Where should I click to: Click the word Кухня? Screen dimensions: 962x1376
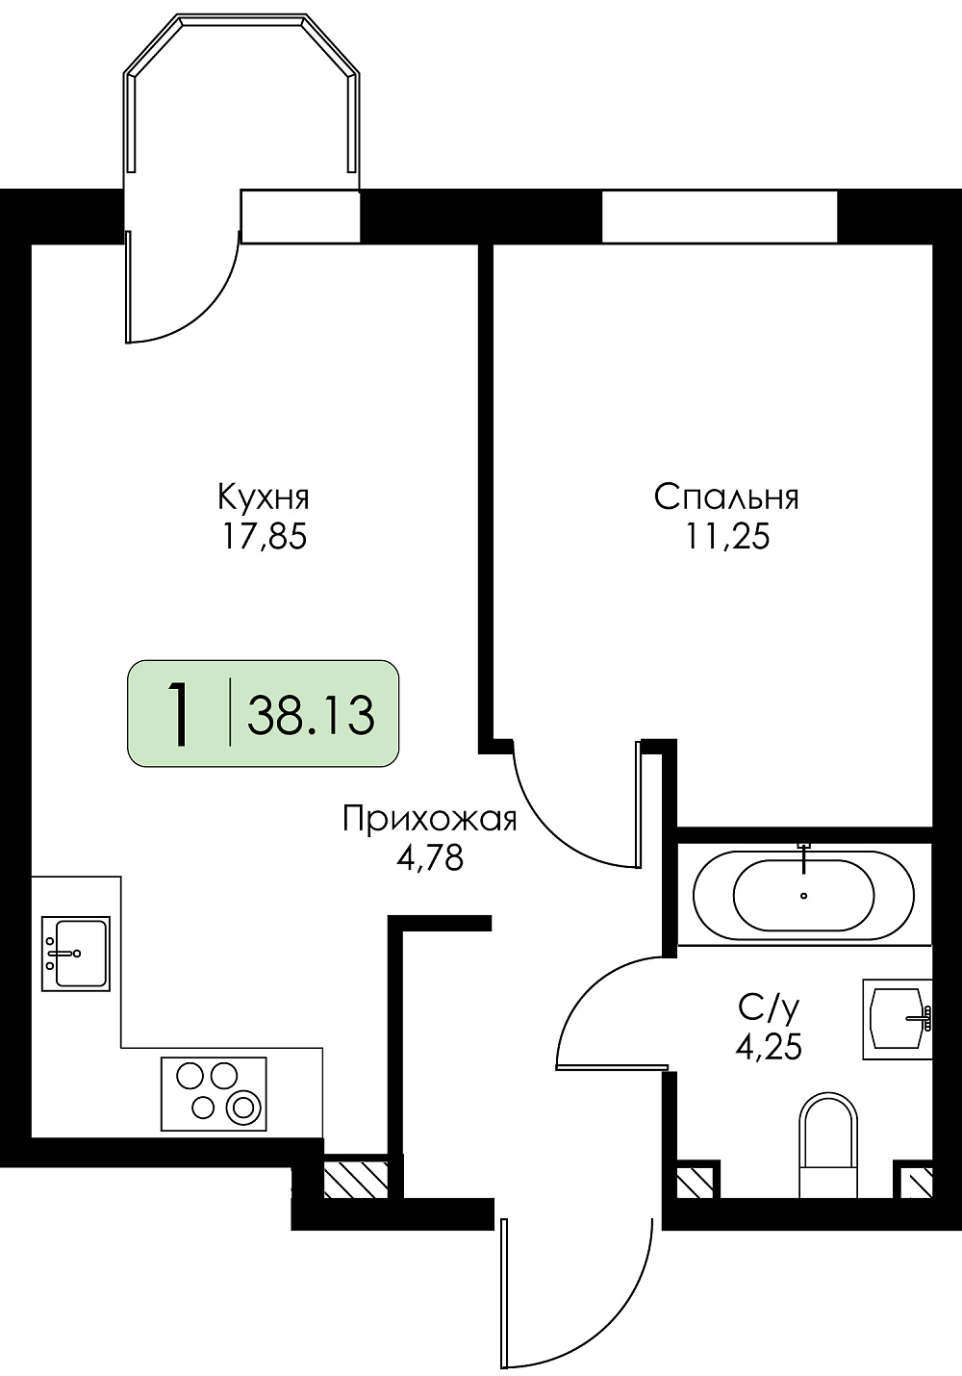coord(264,497)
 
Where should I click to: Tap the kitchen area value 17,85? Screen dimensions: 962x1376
coord(265,538)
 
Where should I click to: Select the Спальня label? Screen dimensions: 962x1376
coord(726,497)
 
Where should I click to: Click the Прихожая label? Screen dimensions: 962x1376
coord(430,821)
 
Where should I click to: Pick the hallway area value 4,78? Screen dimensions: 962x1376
coord(430,858)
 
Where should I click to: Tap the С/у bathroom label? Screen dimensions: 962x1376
coord(769,1008)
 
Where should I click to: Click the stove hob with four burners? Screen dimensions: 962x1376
coord(214,1093)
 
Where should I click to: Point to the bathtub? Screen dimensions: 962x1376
coord(803,896)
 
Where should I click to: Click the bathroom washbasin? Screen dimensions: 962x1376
coord(898,1019)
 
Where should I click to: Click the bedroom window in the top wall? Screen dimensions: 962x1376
coord(720,217)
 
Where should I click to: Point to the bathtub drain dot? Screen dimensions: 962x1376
coord(803,896)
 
